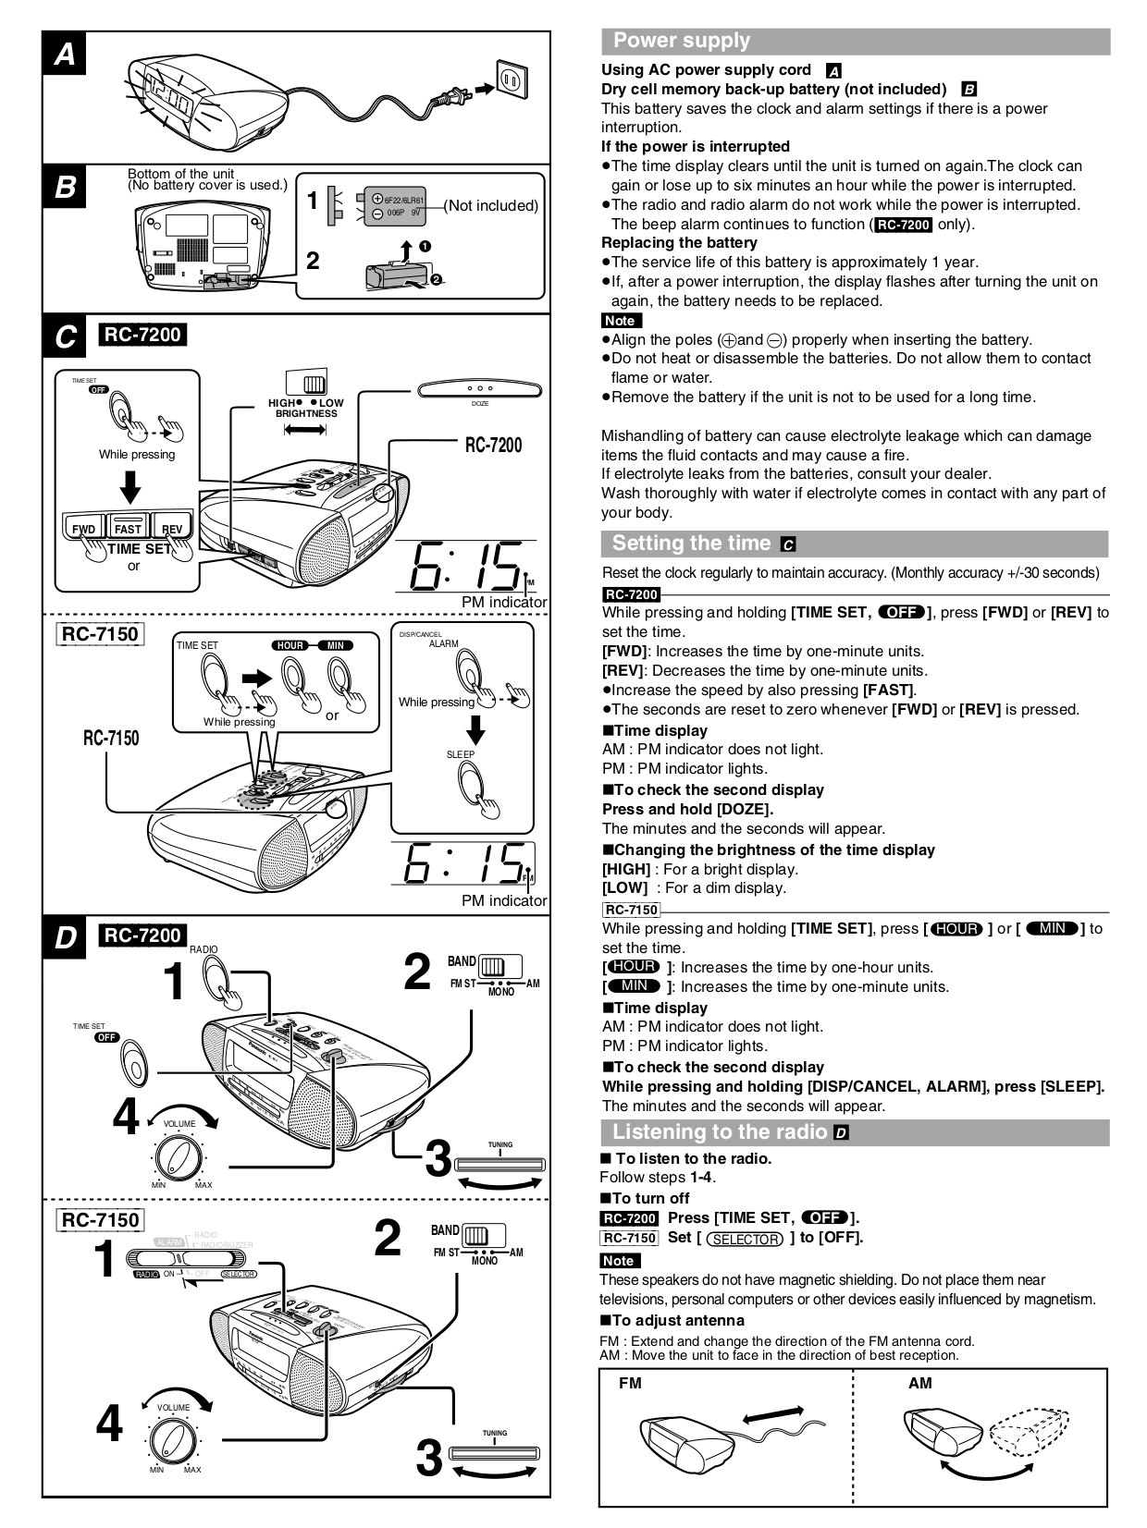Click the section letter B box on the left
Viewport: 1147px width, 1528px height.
coord(65,188)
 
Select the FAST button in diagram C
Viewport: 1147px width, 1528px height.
coord(128,528)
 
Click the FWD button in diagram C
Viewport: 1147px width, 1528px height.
coord(84,529)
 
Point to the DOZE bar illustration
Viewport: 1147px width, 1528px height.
coord(479,390)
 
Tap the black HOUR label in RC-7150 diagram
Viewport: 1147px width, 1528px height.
coord(290,645)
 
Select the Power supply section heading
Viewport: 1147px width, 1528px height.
coord(682,41)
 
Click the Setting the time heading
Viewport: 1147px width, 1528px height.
coord(691,544)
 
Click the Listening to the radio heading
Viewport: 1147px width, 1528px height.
coord(720,1132)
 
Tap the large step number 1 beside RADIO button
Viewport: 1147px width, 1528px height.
coord(173,981)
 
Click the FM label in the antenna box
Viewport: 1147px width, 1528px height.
coord(630,1384)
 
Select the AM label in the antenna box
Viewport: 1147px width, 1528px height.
coord(919,1384)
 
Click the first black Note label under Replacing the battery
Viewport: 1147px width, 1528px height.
coord(620,321)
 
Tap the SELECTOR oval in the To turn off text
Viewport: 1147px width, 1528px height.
coord(745,1239)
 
